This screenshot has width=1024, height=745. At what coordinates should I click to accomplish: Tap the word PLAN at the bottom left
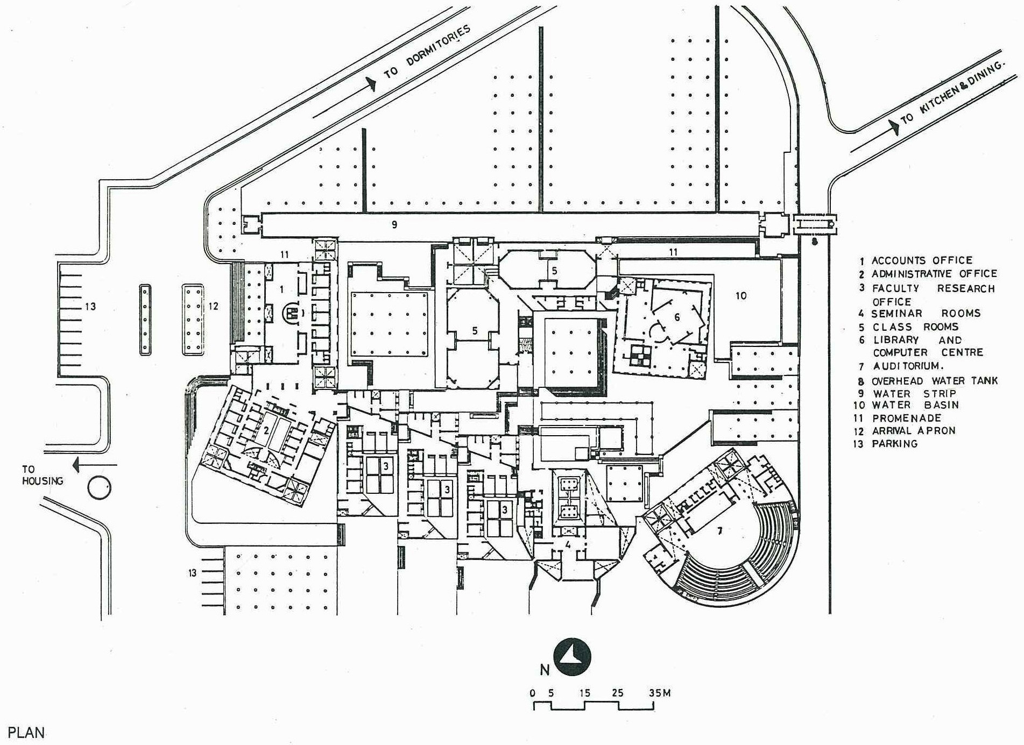tap(26, 733)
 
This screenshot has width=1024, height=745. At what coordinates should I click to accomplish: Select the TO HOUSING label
tap(42, 476)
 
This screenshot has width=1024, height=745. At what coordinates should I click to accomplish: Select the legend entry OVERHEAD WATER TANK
tap(934, 381)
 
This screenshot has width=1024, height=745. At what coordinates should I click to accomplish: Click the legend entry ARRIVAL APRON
tap(913, 431)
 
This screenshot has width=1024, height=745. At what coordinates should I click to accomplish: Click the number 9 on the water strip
tap(394, 224)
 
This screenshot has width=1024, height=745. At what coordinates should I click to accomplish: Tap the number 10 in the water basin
tap(741, 295)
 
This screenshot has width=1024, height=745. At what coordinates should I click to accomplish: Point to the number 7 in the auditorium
tap(720, 531)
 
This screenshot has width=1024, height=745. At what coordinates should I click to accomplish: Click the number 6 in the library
tap(677, 317)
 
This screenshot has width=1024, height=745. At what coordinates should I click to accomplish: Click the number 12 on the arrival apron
tap(213, 306)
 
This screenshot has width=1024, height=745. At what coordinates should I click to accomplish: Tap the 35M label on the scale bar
tap(659, 693)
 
